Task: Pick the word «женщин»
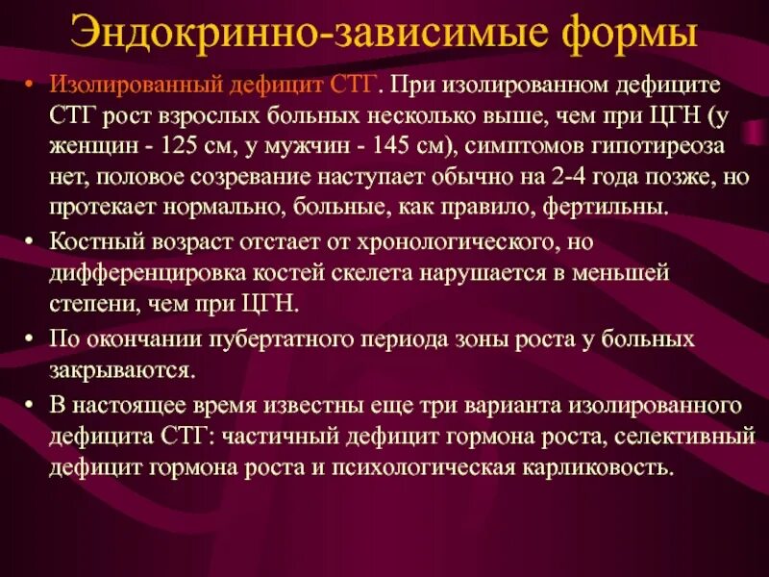(x=88, y=146)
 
